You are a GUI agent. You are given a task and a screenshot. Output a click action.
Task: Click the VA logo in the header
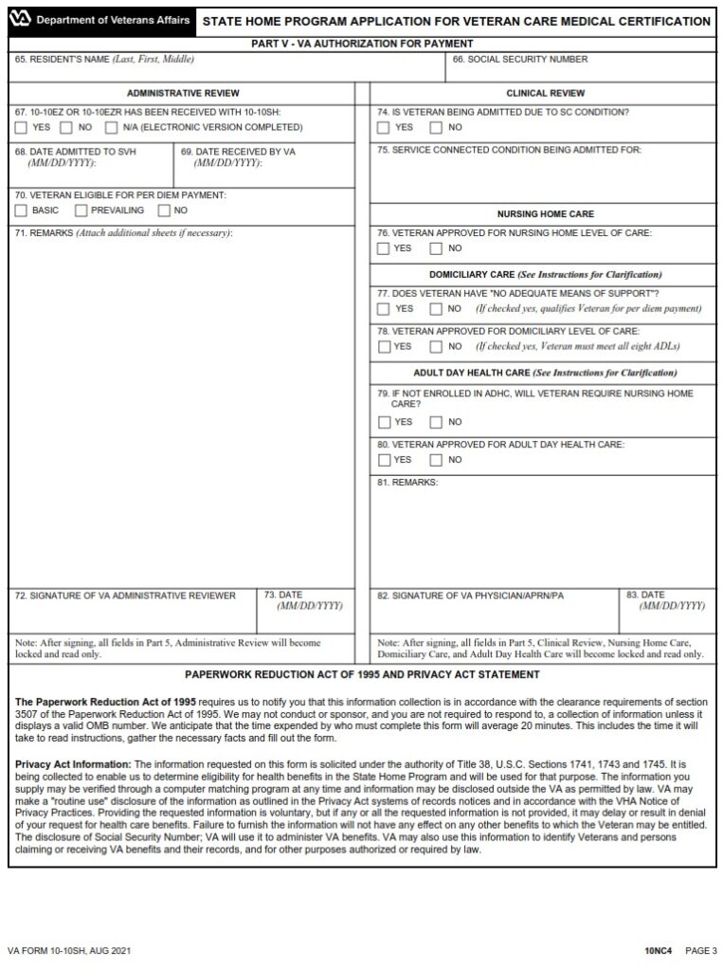(x=22, y=20)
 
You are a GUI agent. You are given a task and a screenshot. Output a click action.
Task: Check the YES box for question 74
(x=383, y=127)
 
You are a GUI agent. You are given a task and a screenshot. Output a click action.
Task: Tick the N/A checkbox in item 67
(x=111, y=127)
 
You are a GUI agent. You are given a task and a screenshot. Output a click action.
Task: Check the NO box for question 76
(x=436, y=248)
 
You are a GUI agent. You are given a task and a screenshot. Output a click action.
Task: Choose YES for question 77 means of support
(x=383, y=308)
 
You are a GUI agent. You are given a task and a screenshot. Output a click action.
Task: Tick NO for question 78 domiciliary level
(x=436, y=346)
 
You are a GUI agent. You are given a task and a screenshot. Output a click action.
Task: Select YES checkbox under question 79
(x=383, y=422)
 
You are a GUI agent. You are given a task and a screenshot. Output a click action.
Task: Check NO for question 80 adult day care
(x=436, y=460)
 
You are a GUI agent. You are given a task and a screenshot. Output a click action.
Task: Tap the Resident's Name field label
(x=104, y=59)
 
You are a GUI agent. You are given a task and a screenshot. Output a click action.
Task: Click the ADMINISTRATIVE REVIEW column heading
(x=183, y=93)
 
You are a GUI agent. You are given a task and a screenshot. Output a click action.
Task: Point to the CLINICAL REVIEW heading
(x=545, y=93)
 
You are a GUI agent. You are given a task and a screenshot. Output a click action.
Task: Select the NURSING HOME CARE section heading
(x=545, y=214)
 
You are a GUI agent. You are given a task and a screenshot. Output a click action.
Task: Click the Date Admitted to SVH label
(x=74, y=151)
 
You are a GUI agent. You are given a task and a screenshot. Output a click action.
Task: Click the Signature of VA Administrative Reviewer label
(x=125, y=595)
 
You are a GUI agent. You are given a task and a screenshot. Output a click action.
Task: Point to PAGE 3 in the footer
(x=702, y=950)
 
